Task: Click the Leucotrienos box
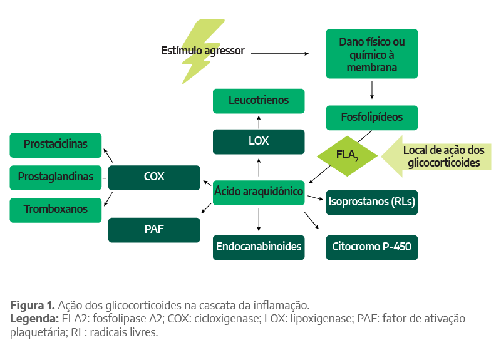259,101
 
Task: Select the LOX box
259,141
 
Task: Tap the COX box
154,177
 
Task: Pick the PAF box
154,229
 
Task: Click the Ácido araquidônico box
259,191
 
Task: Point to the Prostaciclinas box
56,145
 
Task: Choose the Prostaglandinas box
56,177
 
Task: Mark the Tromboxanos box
56,210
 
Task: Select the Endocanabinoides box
259,247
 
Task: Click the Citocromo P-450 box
371,247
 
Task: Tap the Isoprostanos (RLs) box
371,202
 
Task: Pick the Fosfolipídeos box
371,117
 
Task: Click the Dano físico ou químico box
371,54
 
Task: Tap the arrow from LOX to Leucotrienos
259,121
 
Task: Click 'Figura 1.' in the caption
32,306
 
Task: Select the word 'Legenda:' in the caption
34,319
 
